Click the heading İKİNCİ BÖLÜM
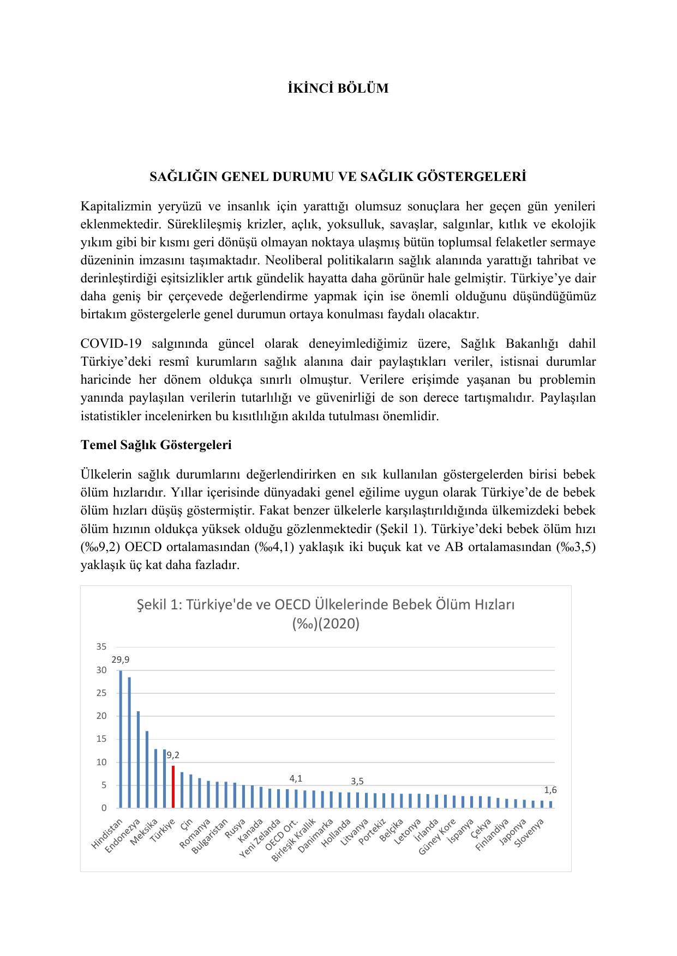coord(338,88)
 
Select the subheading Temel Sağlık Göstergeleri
coord(156,445)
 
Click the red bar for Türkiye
coord(173,786)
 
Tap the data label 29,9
coord(121,659)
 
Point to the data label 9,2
coord(173,755)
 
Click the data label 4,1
coord(296,778)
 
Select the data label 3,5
coord(357,781)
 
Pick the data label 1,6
coord(550,790)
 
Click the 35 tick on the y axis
coord(101,647)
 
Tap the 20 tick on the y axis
coord(101,716)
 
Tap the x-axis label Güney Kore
coord(438,837)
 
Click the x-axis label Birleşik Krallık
coord(295,839)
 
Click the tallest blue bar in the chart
coord(121,739)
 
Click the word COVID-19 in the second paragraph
coord(111,344)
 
